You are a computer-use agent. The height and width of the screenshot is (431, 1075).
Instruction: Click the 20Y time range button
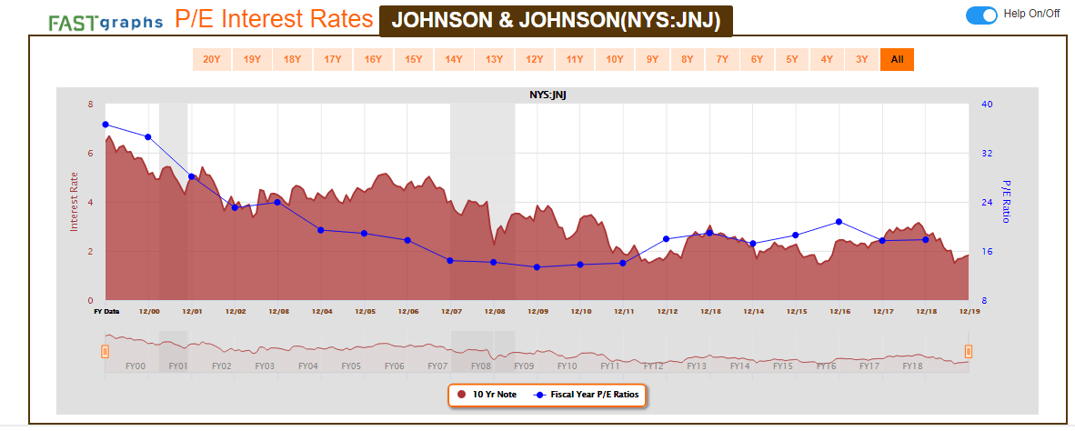[x=211, y=60]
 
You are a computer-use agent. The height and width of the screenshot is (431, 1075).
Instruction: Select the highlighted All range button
[x=897, y=60]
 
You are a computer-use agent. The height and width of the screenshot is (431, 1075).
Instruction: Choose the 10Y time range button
[x=615, y=60]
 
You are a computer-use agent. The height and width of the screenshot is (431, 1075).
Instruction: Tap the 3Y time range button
[x=861, y=60]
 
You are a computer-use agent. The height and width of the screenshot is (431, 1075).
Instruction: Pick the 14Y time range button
[x=453, y=60]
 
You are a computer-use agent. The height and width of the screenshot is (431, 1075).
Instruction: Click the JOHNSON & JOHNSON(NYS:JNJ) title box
[x=555, y=20]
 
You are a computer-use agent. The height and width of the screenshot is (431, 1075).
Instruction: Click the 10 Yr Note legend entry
[x=487, y=395]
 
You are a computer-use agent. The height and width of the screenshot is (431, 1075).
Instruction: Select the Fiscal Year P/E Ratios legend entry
[x=589, y=395]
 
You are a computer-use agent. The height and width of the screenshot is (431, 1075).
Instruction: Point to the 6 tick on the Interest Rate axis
[x=90, y=154]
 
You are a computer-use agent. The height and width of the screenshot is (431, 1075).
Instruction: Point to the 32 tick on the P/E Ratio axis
[x=986, y=154]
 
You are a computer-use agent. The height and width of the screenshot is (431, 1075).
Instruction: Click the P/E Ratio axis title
[x=1006, y=201]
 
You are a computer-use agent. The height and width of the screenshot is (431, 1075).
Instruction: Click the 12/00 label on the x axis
[x=150, y=311]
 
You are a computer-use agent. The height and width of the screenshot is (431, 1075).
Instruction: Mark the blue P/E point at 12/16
[x=839, y=222]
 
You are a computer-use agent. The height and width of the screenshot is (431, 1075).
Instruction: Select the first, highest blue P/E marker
[x=105, y=125]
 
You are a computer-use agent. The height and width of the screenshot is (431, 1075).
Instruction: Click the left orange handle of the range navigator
[x=105, y=351]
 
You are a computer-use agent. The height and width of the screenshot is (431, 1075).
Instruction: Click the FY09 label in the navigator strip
[x=523, y=366]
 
